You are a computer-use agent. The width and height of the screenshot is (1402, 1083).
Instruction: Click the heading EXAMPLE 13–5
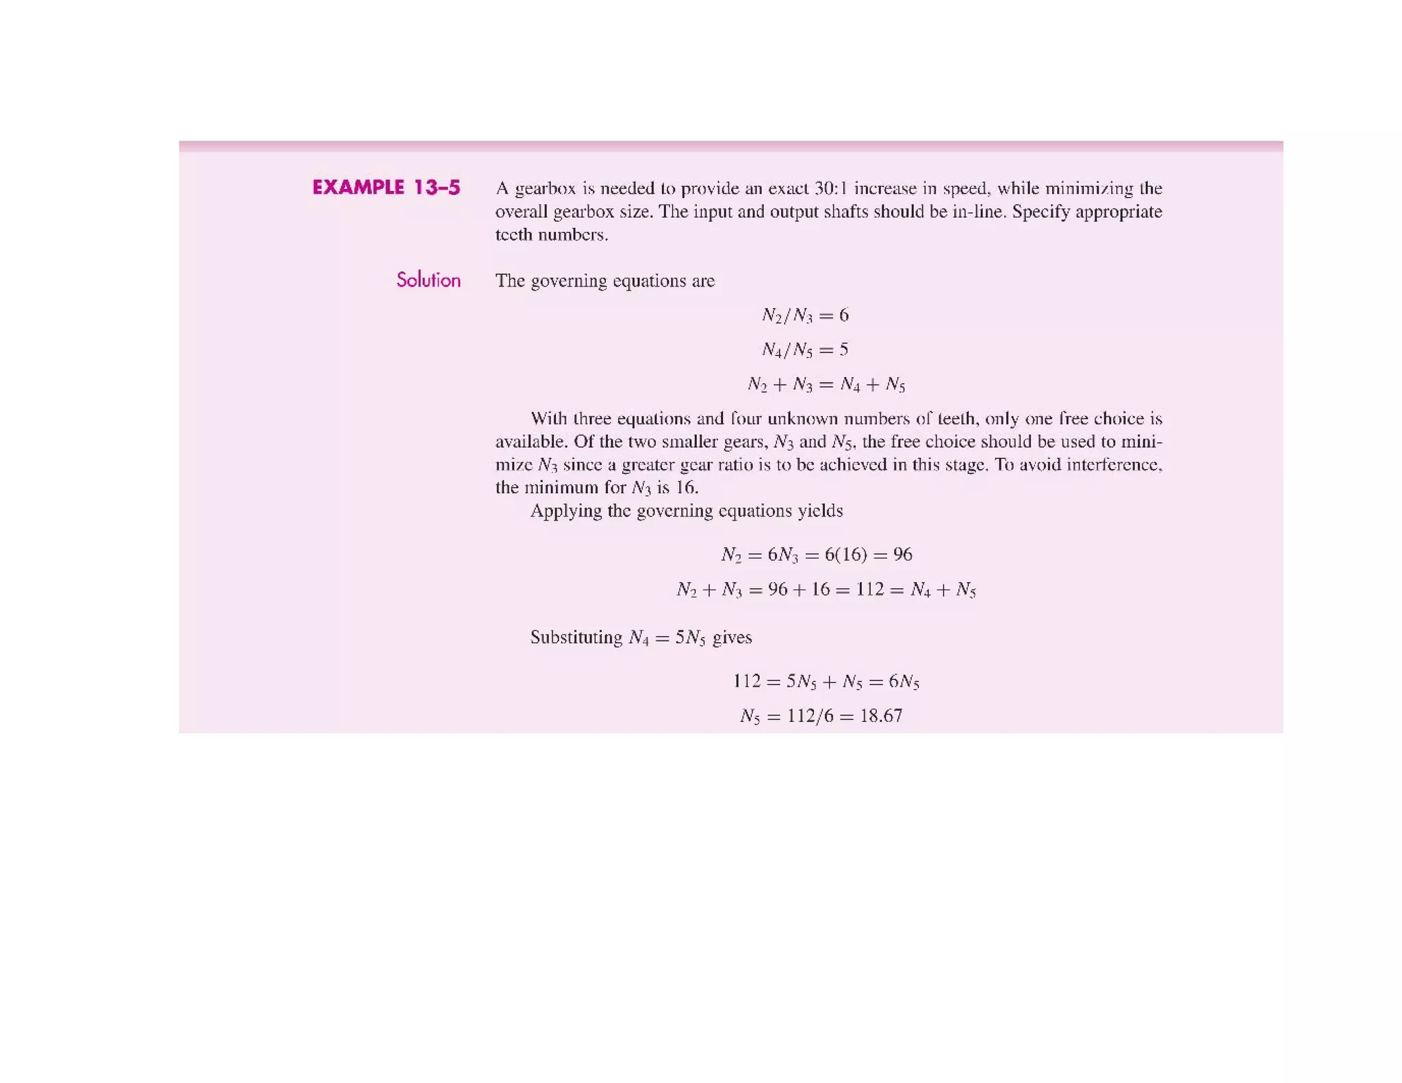click(x=386, y=188)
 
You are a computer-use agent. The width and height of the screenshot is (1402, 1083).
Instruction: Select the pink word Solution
click(x=429, y=280)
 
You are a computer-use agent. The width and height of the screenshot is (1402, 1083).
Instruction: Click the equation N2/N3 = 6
click(x=805, y=316)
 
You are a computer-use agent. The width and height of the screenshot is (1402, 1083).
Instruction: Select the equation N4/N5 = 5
click(x=805, y=350)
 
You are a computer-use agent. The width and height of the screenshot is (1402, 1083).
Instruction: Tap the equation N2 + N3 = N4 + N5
click(x=826, y=385)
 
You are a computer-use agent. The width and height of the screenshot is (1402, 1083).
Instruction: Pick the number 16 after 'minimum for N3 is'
click(x=686, y=488)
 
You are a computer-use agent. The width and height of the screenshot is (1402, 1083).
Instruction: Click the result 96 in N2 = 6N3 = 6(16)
click(x=902, y=555)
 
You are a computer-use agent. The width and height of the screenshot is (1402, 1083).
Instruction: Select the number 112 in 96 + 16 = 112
click(x=869, y=589)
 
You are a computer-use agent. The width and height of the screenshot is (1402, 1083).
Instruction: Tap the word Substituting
click(x=576, y=637)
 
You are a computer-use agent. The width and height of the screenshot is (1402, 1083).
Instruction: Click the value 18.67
click(x=881, y=716)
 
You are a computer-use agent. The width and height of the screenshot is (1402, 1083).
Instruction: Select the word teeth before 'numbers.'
click(x=514, y=235)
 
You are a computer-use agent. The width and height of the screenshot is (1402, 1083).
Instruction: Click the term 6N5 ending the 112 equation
click(x=904, y=682)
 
